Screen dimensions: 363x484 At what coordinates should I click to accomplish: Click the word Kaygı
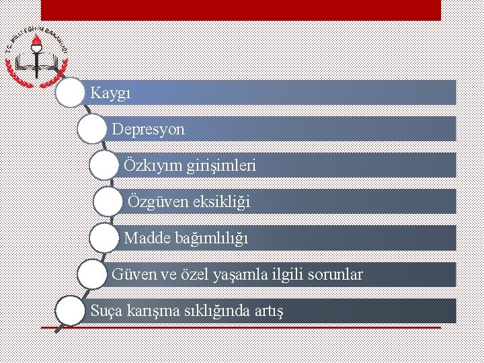click(x=110, y=93)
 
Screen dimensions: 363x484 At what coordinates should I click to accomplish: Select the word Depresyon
click(x=148, y=129)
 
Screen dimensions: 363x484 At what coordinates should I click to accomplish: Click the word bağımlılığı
click(x=210, y=238)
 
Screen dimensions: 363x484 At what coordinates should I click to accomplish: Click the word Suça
click(x=105, y=311)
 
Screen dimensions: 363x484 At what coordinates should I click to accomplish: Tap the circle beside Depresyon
click(x=92, y=128)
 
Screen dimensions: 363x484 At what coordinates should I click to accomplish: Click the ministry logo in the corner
click(x=37, y=55)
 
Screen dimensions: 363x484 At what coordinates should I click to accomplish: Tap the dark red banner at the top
click(x=241, y=10)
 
